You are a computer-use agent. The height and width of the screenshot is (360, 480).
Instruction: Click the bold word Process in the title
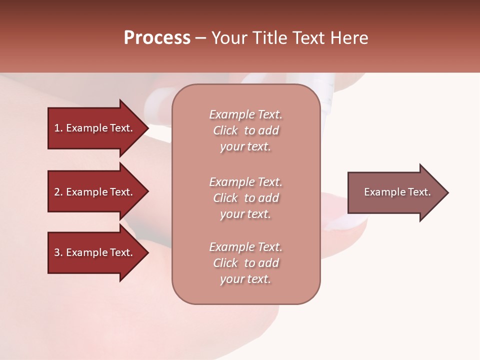[157, 38]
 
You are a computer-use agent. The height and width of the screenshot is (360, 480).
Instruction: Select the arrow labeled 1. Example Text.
[95, 128]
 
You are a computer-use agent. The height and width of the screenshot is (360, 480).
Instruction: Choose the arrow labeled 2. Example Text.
[95, 192]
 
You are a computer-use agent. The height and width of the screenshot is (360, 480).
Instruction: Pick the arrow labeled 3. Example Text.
[95, 252]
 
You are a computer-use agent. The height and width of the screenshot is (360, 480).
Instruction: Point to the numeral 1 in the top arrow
[57, 128]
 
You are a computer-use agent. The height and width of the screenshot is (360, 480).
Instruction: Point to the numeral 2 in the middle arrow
[57, 192]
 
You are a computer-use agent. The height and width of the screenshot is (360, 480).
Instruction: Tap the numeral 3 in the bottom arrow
[57, 252]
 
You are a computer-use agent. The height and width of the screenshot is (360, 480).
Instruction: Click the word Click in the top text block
[225, 130]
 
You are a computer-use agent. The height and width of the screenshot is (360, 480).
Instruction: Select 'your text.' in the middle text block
[245, 214]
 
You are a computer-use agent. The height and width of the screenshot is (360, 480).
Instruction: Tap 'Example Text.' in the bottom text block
[245, 247]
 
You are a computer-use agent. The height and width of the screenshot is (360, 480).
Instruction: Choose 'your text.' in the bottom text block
[245, 279]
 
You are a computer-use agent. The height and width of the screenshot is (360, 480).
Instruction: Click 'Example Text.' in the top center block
[245, 114]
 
